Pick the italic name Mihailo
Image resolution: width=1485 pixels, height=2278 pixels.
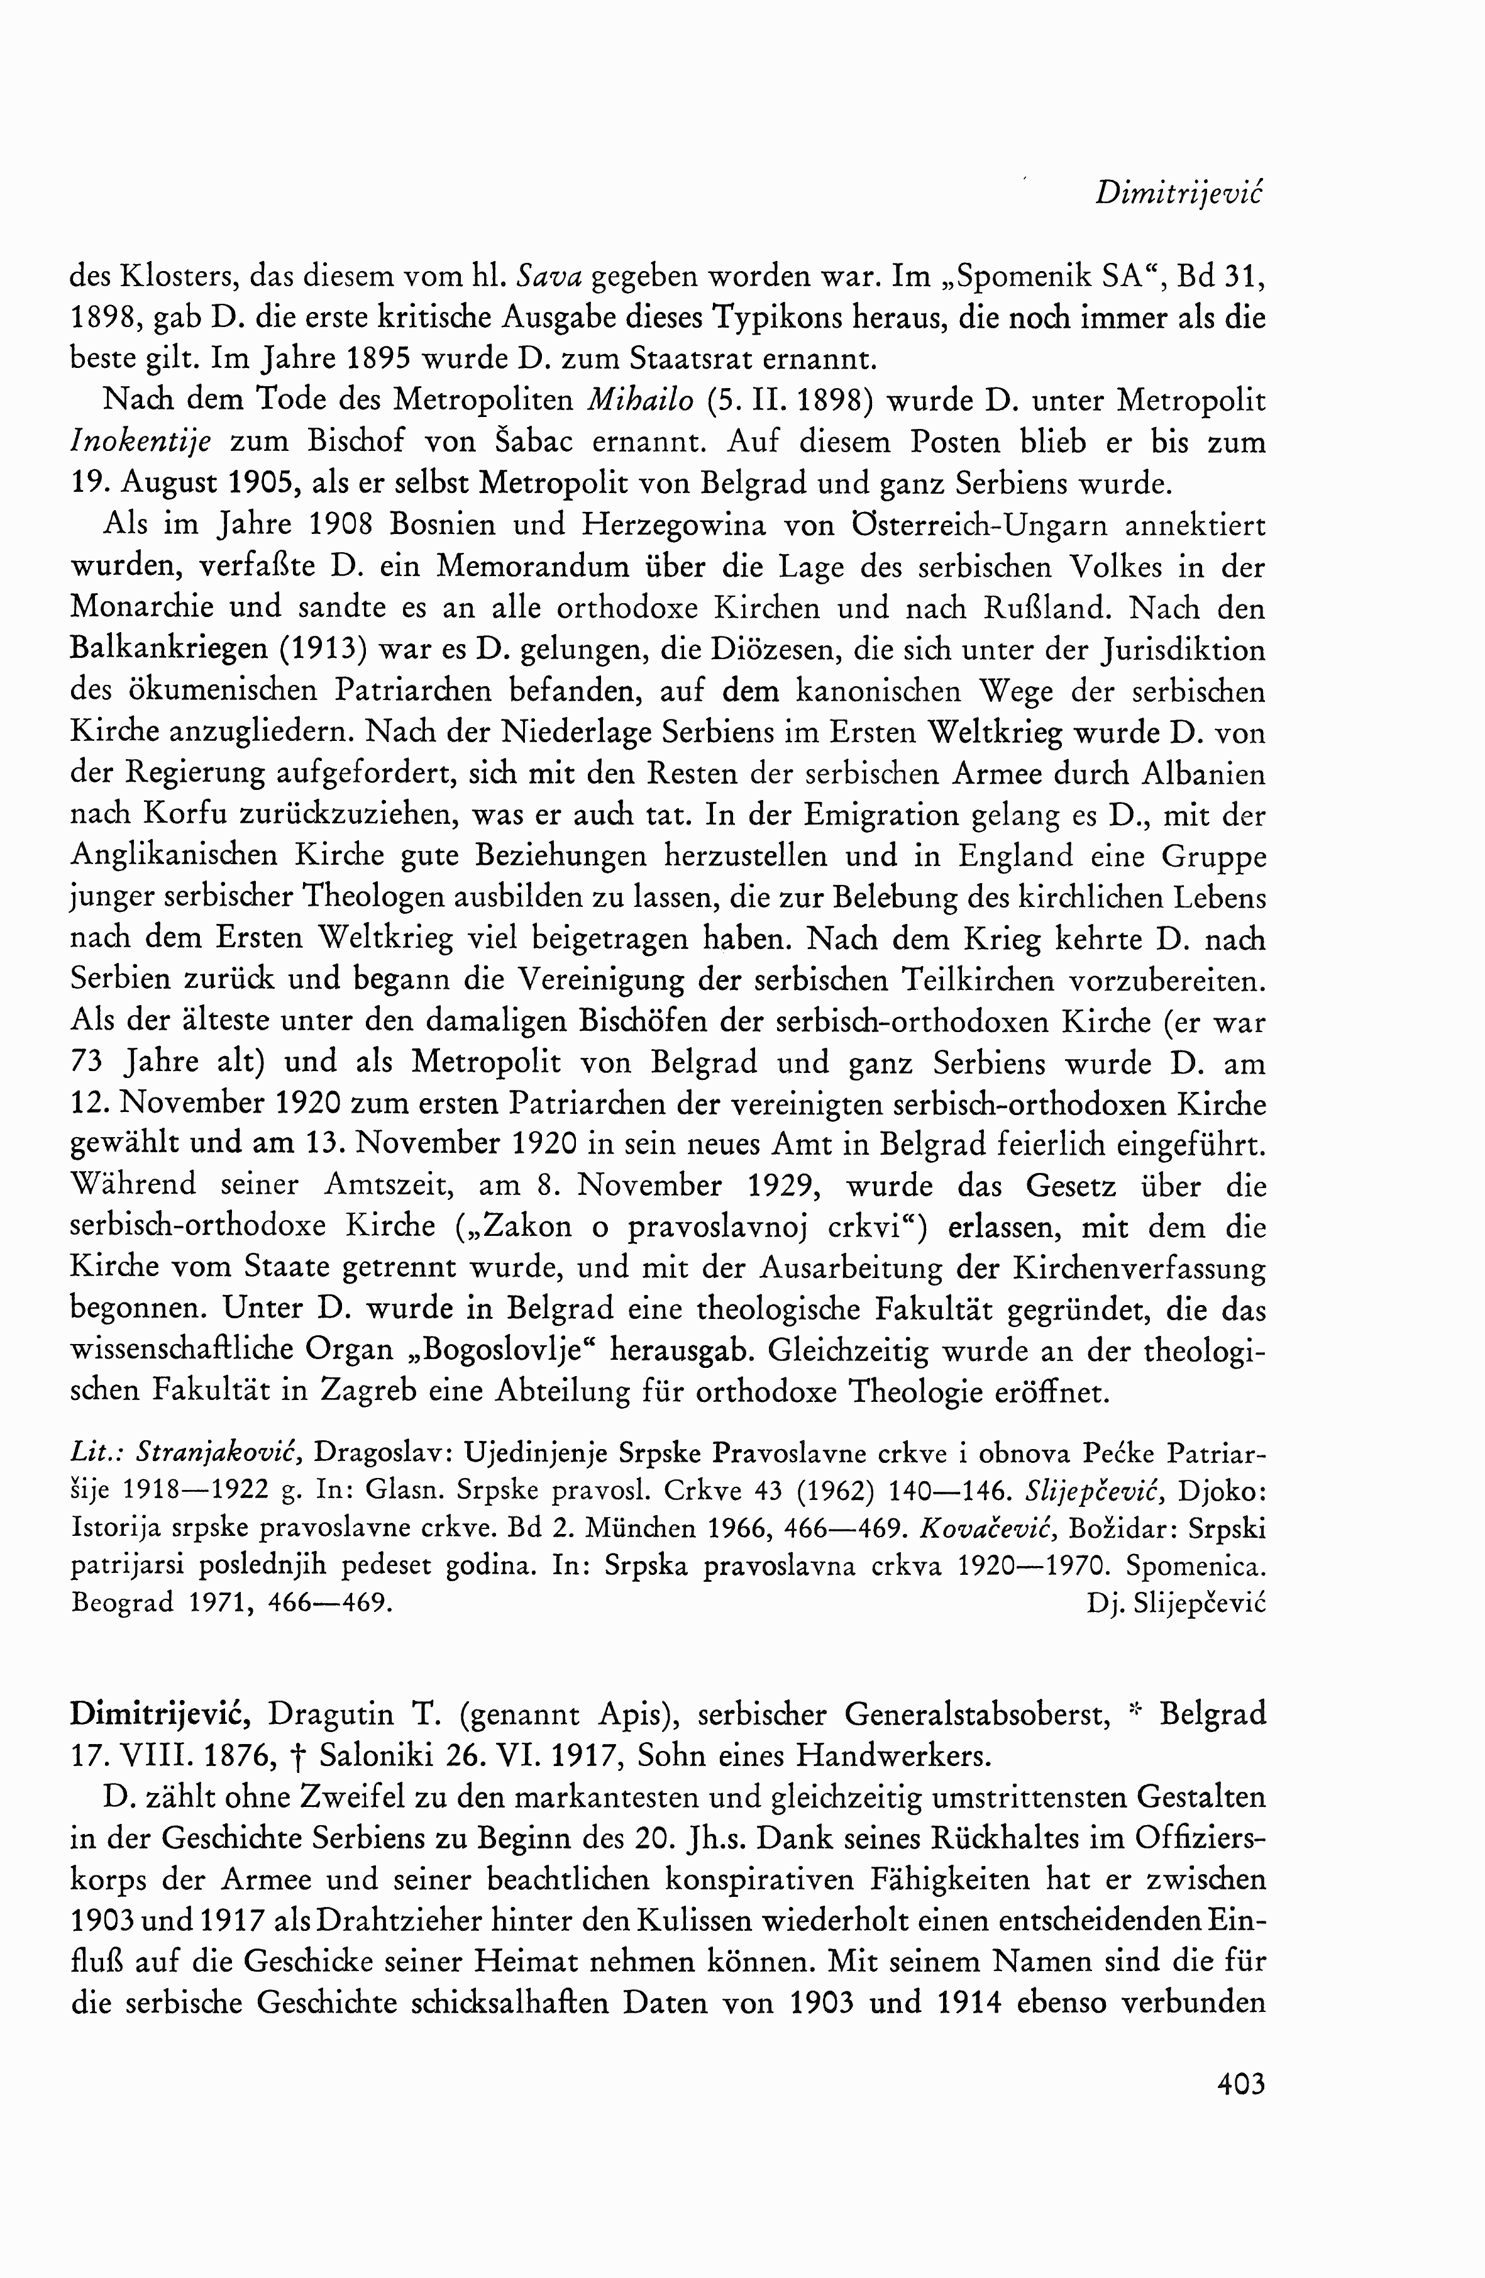point(640,400)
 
